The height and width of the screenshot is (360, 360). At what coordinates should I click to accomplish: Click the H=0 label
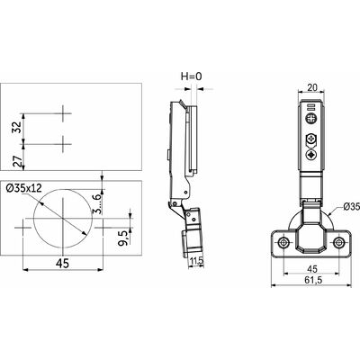pyautogui.click(x=191, y=76)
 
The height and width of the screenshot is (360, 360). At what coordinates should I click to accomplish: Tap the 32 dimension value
pyautogui.click(x=18, y=127)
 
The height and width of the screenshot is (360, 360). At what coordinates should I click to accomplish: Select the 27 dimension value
pyautogui.click(x=18, y=161)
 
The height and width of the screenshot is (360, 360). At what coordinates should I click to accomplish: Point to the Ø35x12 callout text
pyautogui.click(x=24, y=188)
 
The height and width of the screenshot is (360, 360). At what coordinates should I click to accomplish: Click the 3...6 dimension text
pyautogui.click(x=96, y=203)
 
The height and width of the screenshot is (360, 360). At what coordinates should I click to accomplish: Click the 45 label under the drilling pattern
pyautogui.click(x=62, y=264)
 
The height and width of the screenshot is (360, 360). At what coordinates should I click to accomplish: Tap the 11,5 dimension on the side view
pyautogui.click(x=197, y=261)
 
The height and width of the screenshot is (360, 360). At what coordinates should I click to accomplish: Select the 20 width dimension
pyautogui.click(x=312, y=87)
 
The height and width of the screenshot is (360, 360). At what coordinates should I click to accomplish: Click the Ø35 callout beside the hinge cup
pyautogui.click(x=351, y=206)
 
